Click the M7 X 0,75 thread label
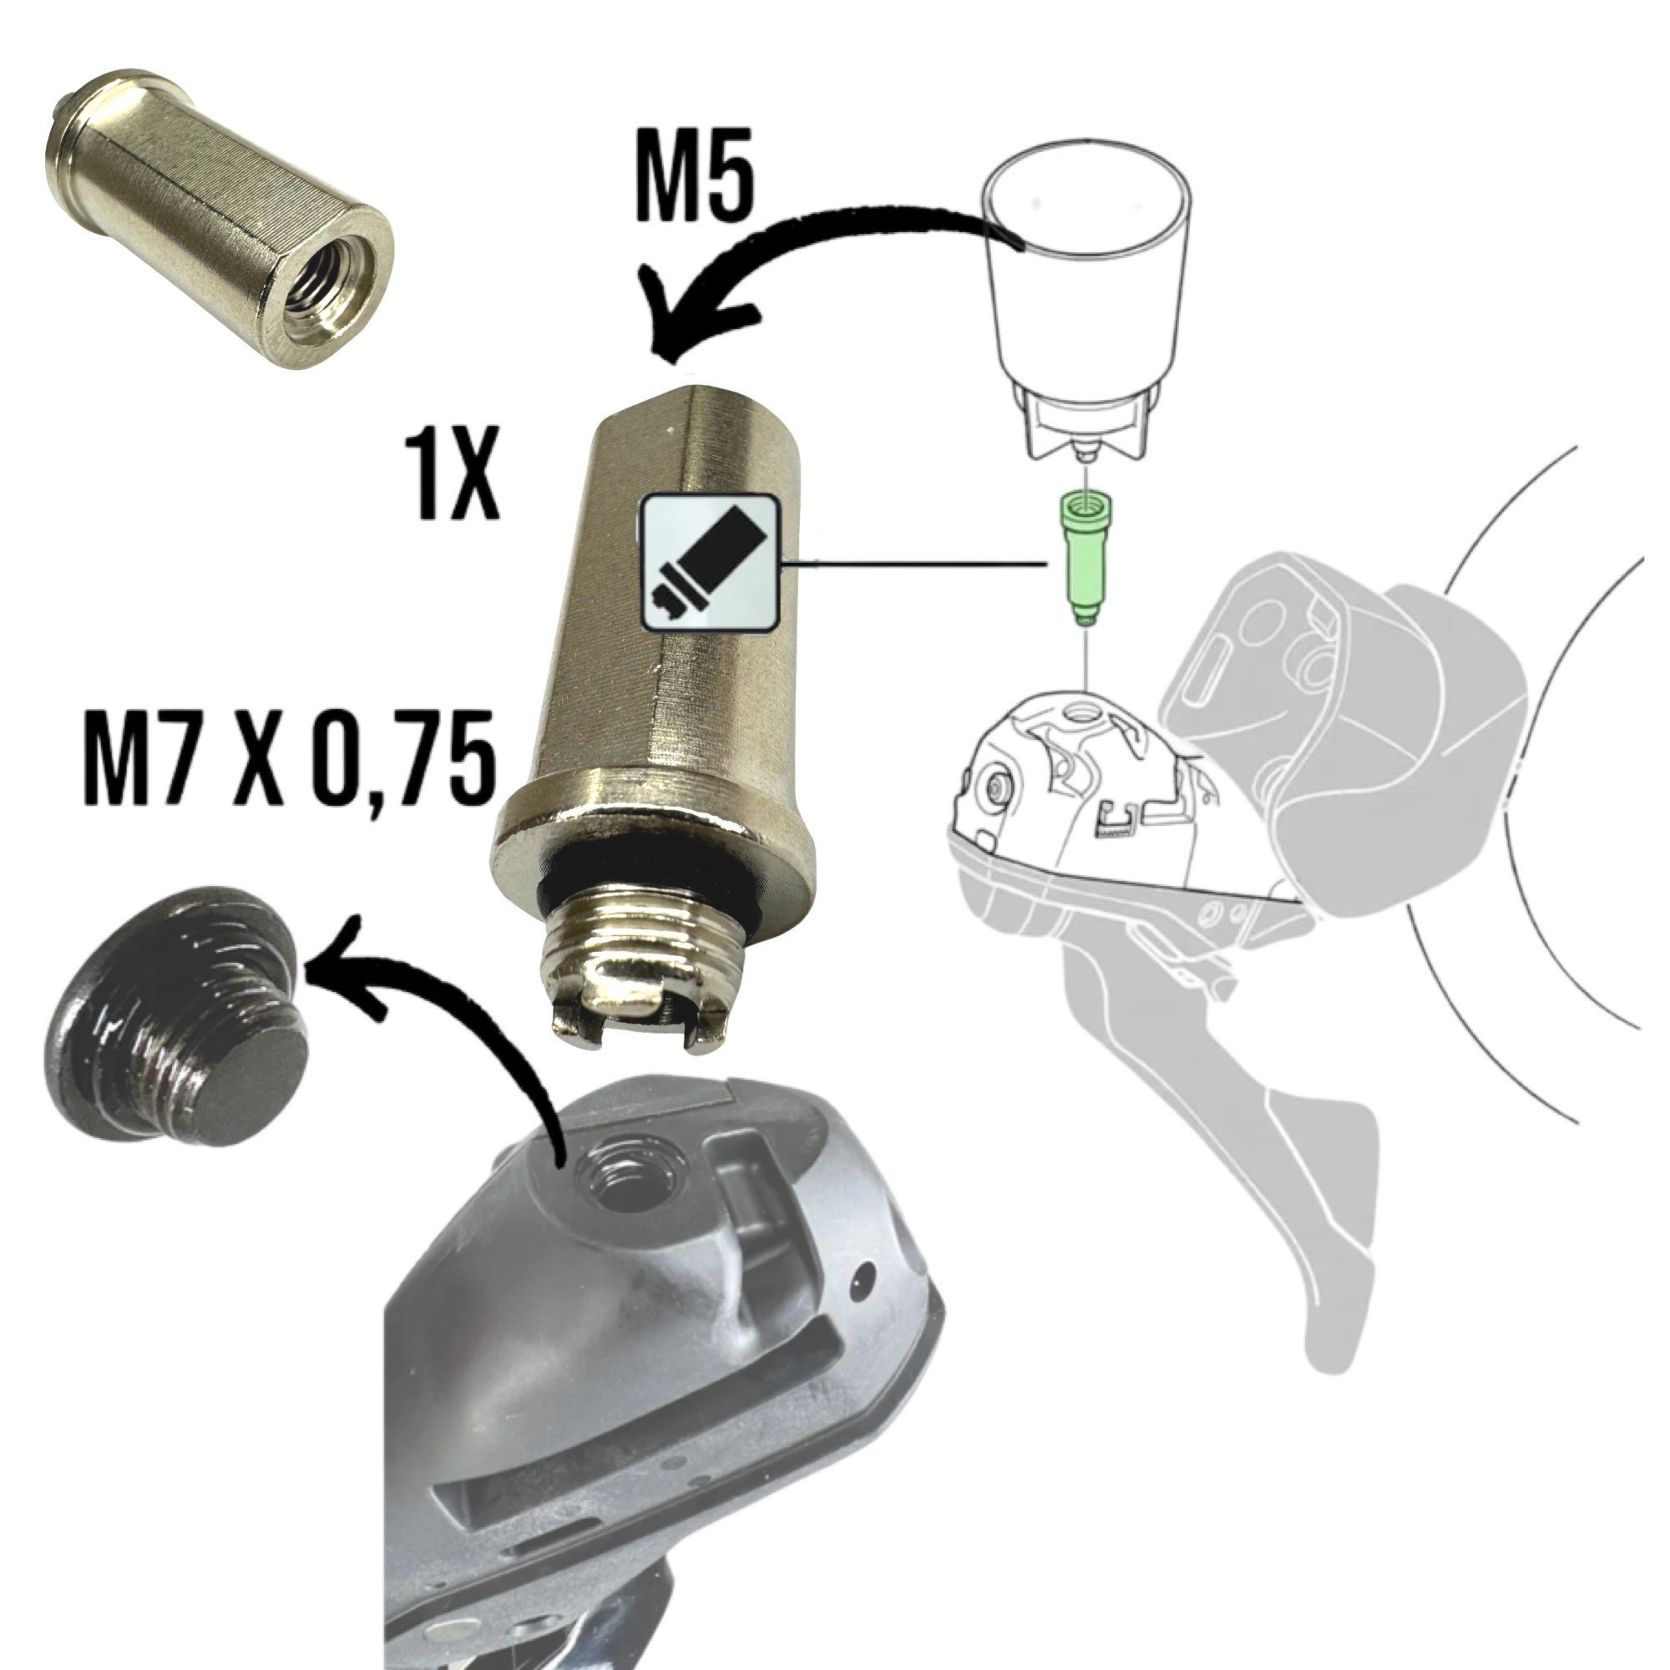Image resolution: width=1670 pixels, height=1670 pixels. pos(290,760)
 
